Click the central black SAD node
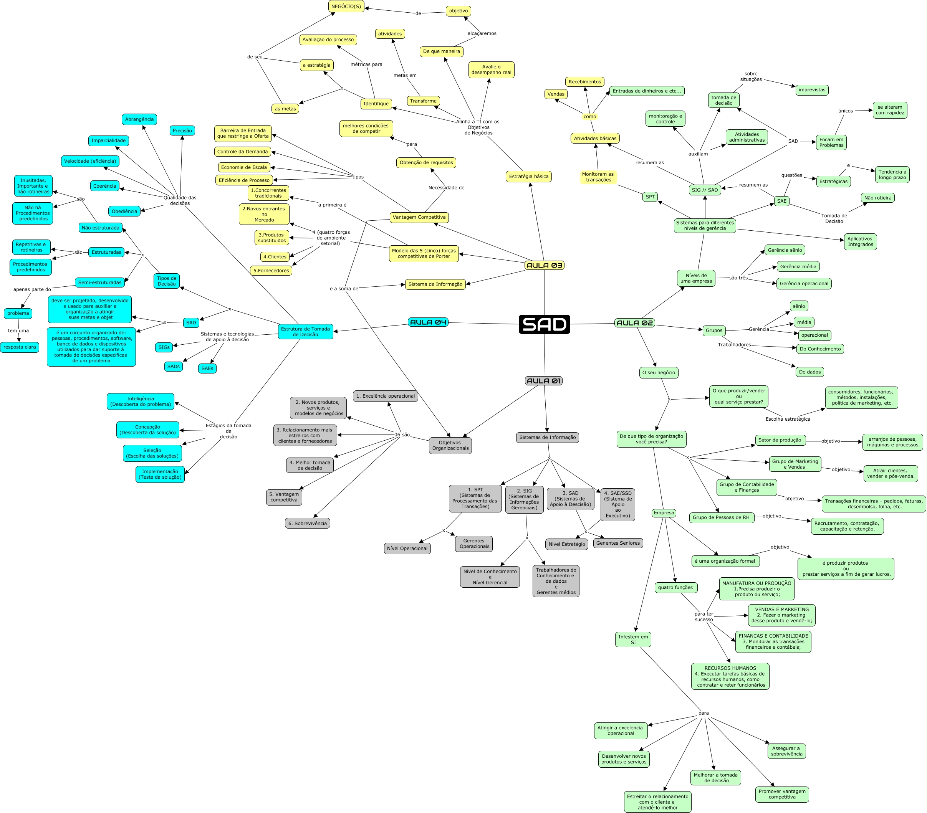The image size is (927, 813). point(544,324)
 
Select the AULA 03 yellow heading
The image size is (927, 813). point(544,265)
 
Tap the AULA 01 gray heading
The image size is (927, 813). point(543,381)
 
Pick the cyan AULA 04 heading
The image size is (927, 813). point(428,322)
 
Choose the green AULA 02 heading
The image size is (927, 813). point(634,323)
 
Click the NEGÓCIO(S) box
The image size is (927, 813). point(346,7)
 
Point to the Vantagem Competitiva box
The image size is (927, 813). point(419,217)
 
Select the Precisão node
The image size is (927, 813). point(182,131)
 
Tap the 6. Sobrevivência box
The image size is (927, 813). point(308,523)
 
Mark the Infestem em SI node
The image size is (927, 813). point(633,639)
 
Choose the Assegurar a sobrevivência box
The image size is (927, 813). point(786,751)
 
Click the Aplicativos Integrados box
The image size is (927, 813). point(860,242)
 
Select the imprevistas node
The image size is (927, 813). point(812,90)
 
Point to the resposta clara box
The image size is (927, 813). point(20,347)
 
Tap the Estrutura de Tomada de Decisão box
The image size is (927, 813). point(305,332)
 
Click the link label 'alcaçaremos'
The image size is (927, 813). point(482,33)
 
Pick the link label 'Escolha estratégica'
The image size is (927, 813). point(787,419)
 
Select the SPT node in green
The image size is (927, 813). point(650,197)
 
